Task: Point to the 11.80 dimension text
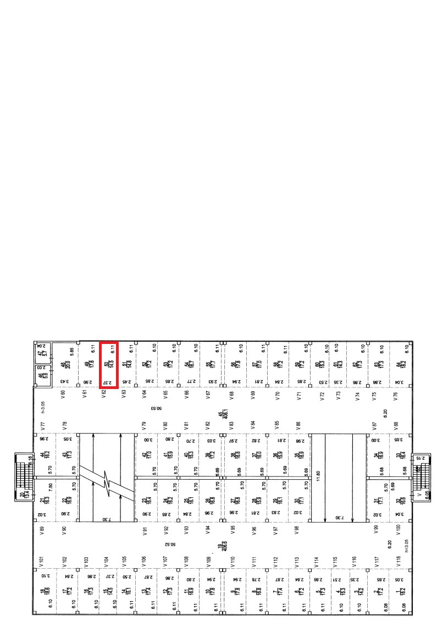(318, 470)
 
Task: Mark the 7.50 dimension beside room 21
(51, 487)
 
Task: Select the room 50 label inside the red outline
(108, 364)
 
